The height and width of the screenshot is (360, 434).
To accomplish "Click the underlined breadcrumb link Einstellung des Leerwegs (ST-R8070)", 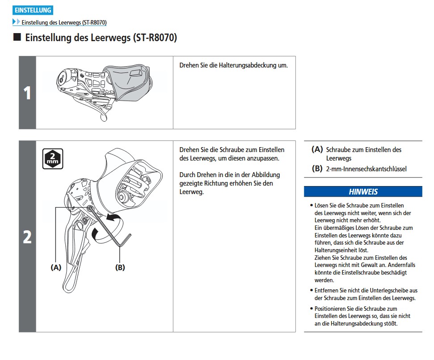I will pyautogui.click(x=64, y=22).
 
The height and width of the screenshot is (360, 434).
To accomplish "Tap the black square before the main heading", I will pyautogui.click(x=17, y=37).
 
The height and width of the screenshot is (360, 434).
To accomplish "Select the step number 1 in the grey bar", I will pyautogui.click(x=27, y=93).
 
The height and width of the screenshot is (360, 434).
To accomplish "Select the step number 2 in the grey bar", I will pyautogui.click(x=27, y=237).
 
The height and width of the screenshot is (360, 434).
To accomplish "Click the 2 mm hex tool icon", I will pyautogui.click(x=53, y=159).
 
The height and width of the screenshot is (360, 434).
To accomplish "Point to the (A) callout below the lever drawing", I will pyautogui.click(x=55, y=267).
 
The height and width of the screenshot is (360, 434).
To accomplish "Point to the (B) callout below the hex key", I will pyautogui.click(x=120, y=267).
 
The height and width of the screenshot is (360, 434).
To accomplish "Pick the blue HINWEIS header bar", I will pyautogui.click(x=362, y=191).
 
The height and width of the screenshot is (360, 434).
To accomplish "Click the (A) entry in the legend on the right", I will pyautogui.click(x=317, y=150).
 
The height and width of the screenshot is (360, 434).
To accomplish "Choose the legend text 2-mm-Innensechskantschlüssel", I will pyautogui.click(x=366, y=169).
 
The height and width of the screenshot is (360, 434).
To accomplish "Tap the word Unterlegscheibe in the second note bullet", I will pyautogui.click(x=387, y=290).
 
